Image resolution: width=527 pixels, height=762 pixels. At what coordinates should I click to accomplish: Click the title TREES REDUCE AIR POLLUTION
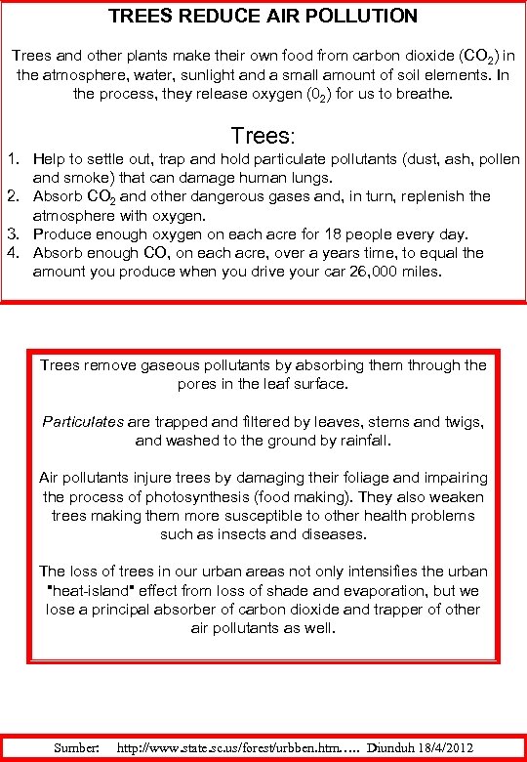(x=263, y=17)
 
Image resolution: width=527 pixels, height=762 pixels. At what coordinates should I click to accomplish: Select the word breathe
(x=425, y=94)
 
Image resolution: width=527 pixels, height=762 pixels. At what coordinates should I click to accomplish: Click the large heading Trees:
(x=268, y=134)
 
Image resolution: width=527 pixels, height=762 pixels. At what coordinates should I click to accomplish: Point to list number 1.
(x=13, y=159)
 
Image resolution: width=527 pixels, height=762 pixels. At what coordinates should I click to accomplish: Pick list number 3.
(x=13, y=233)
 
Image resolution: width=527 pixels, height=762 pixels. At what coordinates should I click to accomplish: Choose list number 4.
(x=13, y=252)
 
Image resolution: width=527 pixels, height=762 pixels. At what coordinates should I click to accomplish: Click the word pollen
(x=498, y=159)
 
